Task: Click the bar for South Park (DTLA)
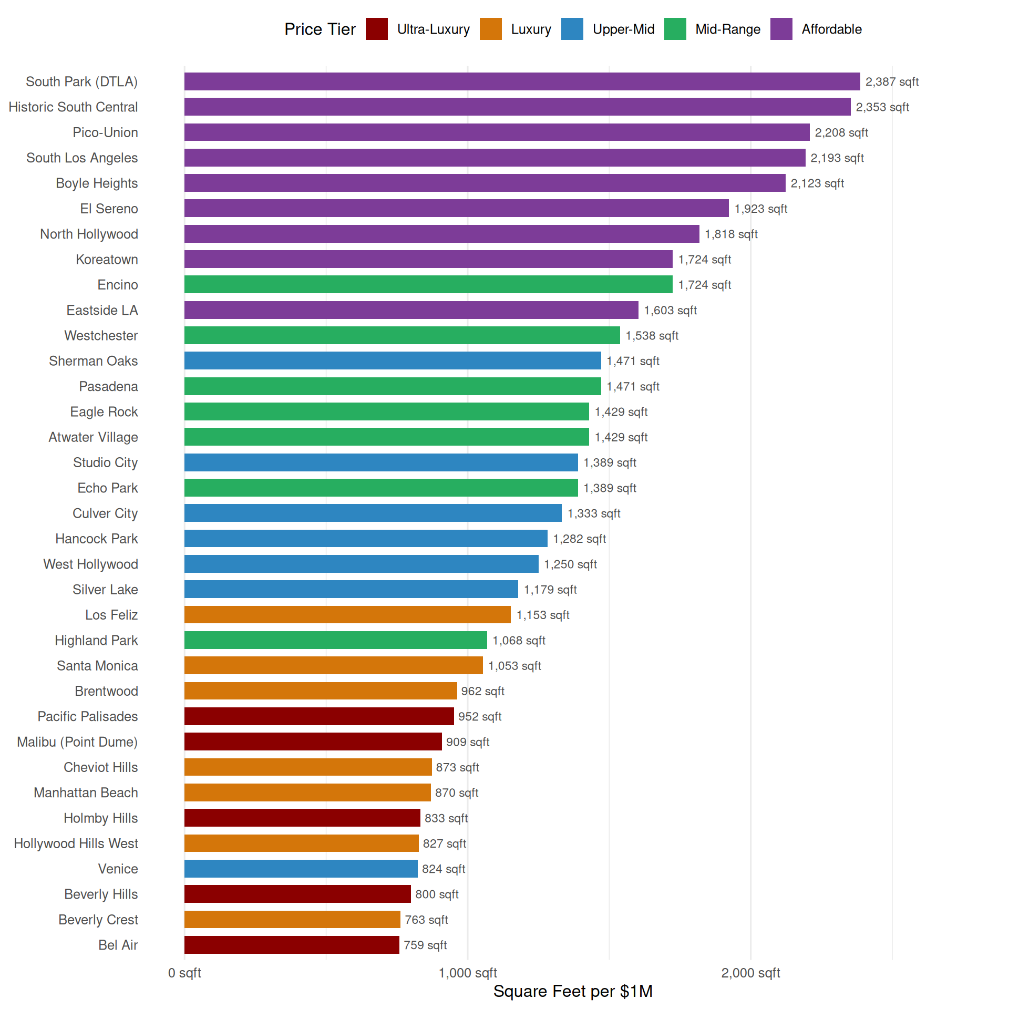tap(522, 81)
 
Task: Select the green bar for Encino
tap(428, 284)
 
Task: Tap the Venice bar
tap(301, 869)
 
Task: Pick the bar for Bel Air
tap(292, 945)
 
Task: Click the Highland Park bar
tap(335, 640)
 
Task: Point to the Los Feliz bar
tap(347, 615)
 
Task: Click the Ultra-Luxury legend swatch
tap(376, 29)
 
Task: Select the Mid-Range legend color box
tap(675, 29)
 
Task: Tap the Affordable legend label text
tap(831, 29)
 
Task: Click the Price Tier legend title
tap(320, 29)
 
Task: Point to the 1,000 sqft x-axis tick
tap(468, 973)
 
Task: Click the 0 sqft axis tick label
tap(184, 973)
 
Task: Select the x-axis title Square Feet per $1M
tap(573, 991)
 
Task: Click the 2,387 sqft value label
tap(892, 81)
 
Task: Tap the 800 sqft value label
tap(437, 894)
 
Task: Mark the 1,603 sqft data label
tap(670, 310)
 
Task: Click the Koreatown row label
tap(107, 259)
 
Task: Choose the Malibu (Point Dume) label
tap(77, 742)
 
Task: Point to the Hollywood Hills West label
tap(76, 843)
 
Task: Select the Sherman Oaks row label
tap(93, 361)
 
